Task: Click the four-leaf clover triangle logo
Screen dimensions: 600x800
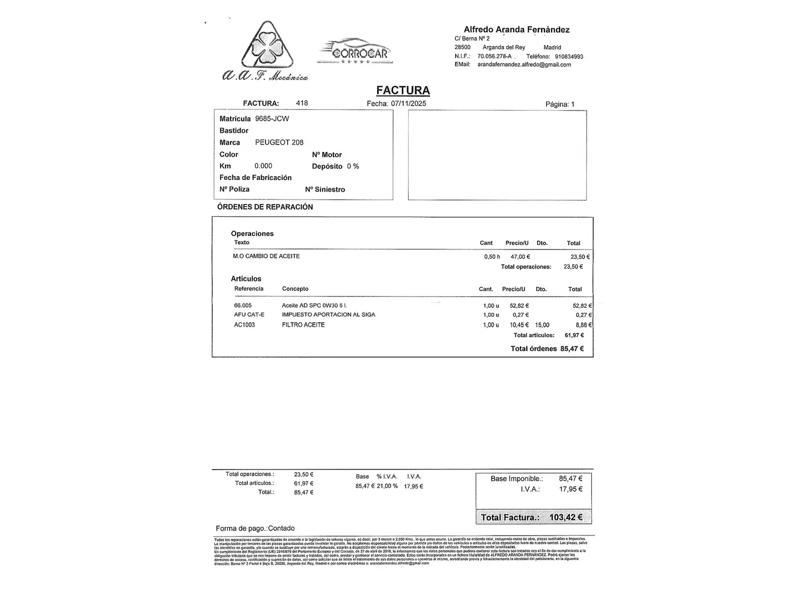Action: pos(267,47)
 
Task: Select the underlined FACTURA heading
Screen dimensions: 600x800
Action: pos(403,90)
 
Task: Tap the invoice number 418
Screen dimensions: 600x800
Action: pos(302,103)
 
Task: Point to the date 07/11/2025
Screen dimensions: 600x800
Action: pos(408,104)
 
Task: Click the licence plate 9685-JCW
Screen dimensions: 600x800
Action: pos(272,119)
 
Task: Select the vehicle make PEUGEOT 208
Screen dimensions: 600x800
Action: pos(279,143)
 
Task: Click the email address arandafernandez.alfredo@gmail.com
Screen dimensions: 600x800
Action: pos(524,64)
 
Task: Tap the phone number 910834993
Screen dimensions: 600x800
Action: pos(569,57)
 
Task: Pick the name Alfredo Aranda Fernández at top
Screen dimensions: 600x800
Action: pos(516,30)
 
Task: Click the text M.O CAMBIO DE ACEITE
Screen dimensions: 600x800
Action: pos(266,257)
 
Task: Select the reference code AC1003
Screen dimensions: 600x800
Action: pos(244,325)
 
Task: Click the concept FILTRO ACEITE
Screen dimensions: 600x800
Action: pos(303,325)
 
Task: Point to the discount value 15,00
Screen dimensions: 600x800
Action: pos(542,326)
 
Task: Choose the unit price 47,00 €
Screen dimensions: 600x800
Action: pos(520,257)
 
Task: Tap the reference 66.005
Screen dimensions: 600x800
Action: pos(243,306)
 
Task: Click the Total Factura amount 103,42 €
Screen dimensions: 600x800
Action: pos(566,518)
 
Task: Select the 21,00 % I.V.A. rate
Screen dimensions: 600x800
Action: pos(387,487)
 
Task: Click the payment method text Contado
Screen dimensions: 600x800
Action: pos(281,528)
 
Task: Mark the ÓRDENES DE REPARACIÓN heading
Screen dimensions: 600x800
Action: pos(265,207)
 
